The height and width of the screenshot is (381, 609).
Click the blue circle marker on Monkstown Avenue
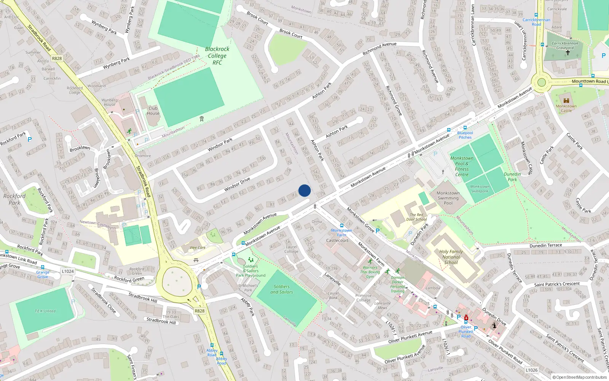click(x=304, y=190)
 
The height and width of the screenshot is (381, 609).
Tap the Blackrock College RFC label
click(x=217, y=56)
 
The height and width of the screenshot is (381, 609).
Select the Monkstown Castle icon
click(x=566, y=101)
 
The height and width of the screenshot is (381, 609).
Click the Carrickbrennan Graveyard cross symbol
click(x=568, y=53)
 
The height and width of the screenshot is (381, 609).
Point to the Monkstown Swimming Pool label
click(x=448, y=198)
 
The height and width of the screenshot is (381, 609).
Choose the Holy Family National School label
click(x=451, y=257)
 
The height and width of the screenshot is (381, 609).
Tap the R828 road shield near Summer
click(x=57, y=58)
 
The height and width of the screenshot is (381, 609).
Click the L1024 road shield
click(x=68, y=271)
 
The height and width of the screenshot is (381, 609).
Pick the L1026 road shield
click(x=531, y=370)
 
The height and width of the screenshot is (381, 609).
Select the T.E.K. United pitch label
click(x=45, y=311)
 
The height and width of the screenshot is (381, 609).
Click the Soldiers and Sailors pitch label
click(x=282, y=289)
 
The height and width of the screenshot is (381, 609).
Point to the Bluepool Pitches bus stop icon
click(x=465, y=128)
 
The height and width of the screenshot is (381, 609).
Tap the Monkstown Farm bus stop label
click(x=341, y=232)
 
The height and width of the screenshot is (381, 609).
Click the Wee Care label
click(x=198, y=248)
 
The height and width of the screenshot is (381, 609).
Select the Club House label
click(x=153, y=110)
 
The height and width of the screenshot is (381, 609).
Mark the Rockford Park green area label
click(x=14, y=199)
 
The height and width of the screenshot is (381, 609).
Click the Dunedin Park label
click(x=512, y=177)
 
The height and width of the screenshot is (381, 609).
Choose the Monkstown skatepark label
click(x=480, y=189)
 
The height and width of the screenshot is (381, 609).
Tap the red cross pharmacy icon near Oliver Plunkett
click(x=466, y=317)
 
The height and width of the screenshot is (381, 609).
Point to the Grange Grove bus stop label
click(x=43, y=274)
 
